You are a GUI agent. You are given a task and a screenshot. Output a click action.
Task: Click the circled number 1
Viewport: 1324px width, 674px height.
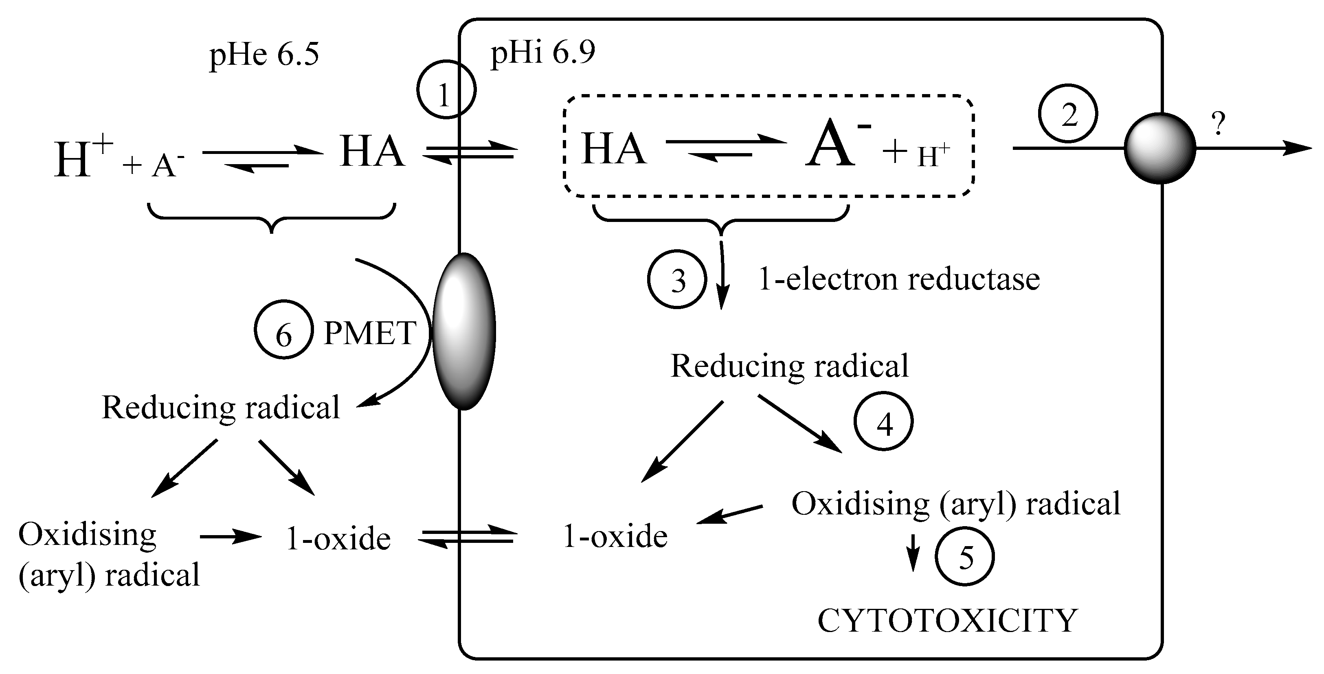(x=446, y=90)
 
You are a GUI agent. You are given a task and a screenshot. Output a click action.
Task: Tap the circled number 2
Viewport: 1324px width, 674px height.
(x=1068, y=114)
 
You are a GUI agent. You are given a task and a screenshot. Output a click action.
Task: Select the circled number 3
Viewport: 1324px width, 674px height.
(x=677, y=280)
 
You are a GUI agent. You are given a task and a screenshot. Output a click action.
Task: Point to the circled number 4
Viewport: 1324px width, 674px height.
(x=883, y=422)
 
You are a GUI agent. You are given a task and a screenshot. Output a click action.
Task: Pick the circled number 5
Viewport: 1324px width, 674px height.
(x=964, y=557)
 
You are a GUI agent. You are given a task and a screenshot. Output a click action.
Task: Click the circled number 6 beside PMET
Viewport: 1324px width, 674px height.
(x=284, y=330)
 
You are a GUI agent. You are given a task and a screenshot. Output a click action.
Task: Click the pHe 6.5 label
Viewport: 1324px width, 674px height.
(x=264, y=55)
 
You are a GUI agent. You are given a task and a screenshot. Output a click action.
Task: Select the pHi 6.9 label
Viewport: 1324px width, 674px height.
(x=543, y=53)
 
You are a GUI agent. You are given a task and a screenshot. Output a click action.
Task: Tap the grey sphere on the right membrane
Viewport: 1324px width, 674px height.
(x=1159, y=149)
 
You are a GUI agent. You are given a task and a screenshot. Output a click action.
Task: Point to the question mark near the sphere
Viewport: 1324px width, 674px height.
(x=1218, y=124)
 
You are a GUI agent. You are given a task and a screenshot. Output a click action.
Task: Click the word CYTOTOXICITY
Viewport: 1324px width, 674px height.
(x=947, y=621)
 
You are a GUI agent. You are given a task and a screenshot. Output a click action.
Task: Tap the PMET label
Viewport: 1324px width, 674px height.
(x=369, y=333)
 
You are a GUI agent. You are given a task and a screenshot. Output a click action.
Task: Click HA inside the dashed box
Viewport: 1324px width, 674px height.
(x=613, y=149)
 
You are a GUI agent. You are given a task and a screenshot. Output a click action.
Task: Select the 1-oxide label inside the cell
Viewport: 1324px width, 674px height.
(x=615, y=537)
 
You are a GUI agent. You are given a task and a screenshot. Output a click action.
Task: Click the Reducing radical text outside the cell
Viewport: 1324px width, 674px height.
(x=221, y=408)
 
